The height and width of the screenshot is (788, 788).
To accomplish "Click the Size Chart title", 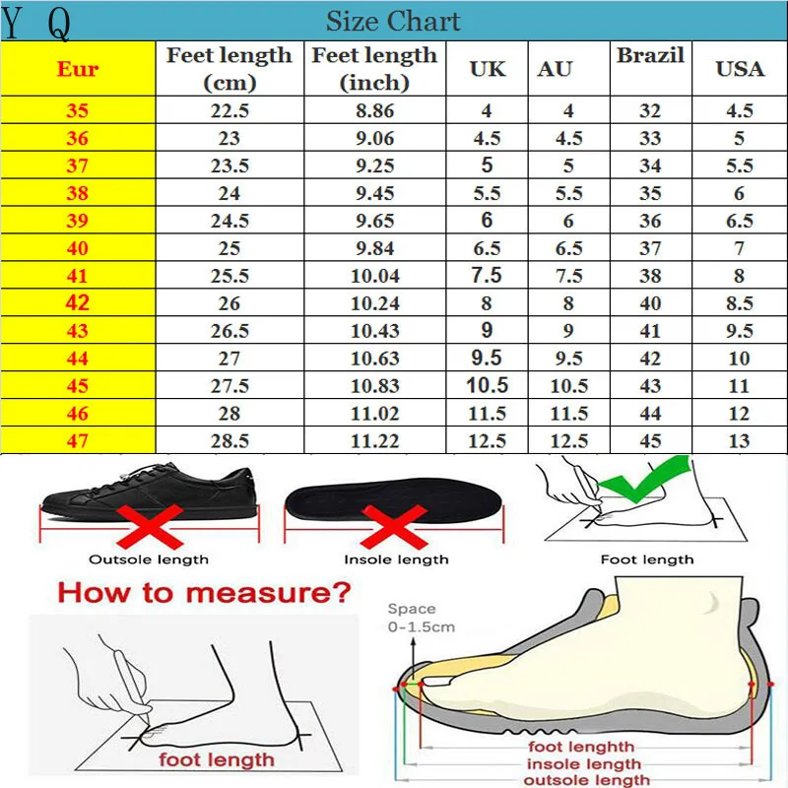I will click(393, 21).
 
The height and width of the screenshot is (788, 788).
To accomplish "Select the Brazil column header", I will click(650, 56).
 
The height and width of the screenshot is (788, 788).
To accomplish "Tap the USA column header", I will click(740, 69).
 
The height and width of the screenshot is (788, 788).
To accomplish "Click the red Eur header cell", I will click(78, 69).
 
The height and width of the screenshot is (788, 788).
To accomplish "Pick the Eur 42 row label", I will click(78, 303).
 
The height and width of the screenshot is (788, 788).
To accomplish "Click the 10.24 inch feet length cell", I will click(374, 303).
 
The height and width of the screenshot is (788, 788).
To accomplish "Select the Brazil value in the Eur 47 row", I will click(650, 441).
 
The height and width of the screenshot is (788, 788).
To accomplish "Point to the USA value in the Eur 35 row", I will click(740, 111).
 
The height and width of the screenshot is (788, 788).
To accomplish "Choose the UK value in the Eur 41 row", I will click(487, 276).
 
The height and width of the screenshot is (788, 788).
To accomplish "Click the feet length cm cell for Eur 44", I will click(230, 359).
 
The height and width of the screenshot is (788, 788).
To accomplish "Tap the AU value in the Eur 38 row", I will click(568, 194).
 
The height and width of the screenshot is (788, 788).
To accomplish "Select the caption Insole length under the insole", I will click(396, 559).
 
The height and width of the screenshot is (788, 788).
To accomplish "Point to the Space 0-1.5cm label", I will click(421, 618).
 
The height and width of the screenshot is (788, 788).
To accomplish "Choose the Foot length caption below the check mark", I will click(647, 559).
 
